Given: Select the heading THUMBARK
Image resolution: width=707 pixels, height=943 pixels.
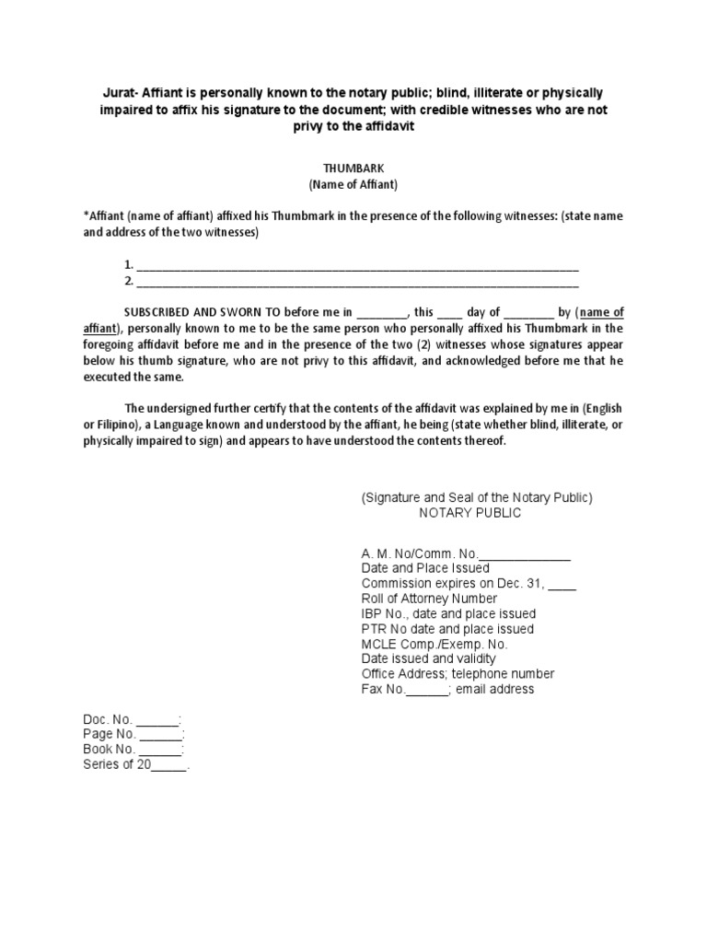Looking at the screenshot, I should click(x=353, y=169).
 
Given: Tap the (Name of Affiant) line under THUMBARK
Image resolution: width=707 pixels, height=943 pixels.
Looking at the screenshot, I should click(x=353, y=184).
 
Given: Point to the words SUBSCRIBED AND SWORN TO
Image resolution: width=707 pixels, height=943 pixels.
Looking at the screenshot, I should click(x=203, y=312).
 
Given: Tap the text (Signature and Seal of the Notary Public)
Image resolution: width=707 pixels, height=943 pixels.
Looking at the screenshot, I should click(x=477, y=497).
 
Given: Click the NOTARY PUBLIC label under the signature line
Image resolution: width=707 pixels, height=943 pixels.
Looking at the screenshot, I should click(x=470, y=513).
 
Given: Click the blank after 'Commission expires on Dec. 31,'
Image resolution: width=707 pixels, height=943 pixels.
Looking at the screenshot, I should click(x=562, y=584).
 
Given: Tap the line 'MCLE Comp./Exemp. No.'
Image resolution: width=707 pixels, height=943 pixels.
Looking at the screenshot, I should click(x=435, y=644).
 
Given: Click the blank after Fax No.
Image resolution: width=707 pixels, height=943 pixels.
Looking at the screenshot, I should click(x=426, y=689).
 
